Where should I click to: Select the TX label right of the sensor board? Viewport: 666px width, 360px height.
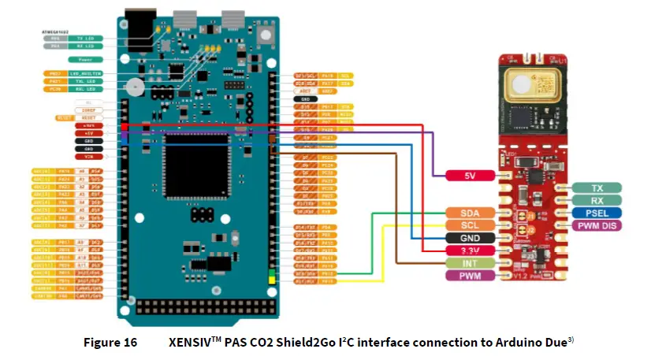pos(597,187)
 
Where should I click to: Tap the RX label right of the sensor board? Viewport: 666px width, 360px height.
pos(597,200)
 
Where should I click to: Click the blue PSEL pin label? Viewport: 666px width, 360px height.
pos(597,213)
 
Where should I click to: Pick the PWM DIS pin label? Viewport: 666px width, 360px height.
pos(597,225)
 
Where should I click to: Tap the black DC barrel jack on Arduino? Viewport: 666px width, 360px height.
pos(140,30)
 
